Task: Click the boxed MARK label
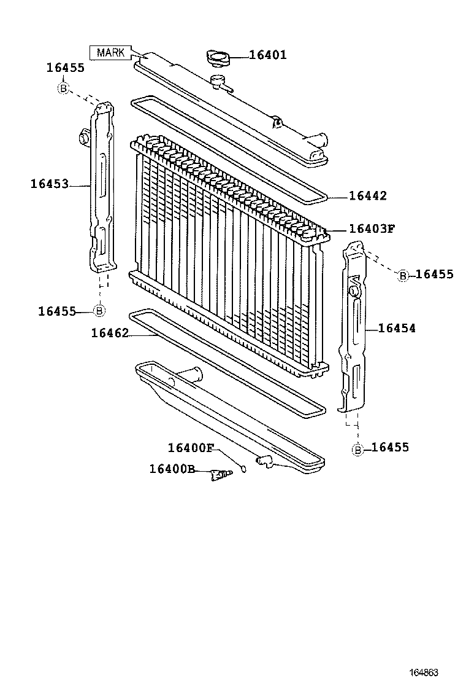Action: click(110, 52)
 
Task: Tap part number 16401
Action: click(267, 55)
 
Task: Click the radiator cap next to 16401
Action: click(218, 58)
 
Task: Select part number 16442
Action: click(368, 196)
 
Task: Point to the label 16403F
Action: click(372, 229)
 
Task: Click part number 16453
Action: click(50, 183)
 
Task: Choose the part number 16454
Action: click(397, 329)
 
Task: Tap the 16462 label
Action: click(110, 333)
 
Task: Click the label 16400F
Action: click(190, 447)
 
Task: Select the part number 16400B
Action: click(172, 469)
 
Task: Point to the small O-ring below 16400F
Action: click(243, 470)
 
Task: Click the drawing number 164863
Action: click(424, 672)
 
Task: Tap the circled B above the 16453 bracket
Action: click(63, 88)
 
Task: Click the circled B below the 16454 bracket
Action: click(357, 450)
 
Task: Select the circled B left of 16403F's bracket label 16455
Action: click(403, 275)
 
